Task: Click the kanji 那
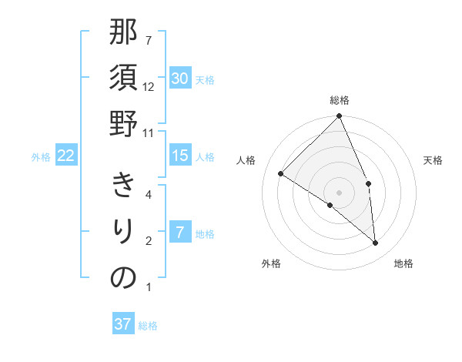click(123, 35)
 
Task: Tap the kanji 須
click(123, 78)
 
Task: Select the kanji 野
click(123, 123)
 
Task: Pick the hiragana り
click(123, 230)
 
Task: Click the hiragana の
click(123, 277)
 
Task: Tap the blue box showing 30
click(180, 78)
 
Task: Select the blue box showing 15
click(180, 156)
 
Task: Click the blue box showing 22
click(66, 156)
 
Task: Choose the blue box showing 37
click(123, 324)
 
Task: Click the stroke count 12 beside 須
click(149, 87)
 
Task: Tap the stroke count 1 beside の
click(149, 288)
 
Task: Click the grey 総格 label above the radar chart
click(340, 100)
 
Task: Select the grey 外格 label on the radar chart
click(271, 264)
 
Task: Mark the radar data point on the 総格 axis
click(340, 116)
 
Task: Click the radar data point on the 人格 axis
click(281, 173)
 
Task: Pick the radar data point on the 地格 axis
click(376, 243)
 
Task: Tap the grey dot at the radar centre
click(340, 192)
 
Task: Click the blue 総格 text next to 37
click(148, 326)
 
